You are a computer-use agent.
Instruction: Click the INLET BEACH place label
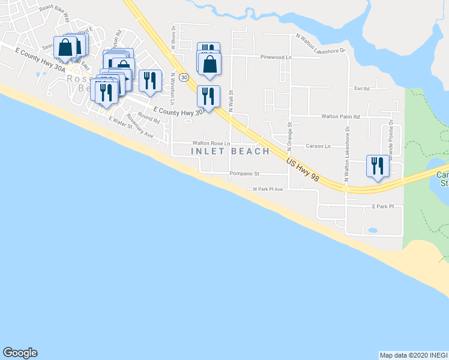pyautogui.click(x=231, y=151)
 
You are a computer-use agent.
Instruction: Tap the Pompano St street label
pyautogui.click(x=244, y=174)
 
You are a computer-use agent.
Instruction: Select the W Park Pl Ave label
pyautogui.click(x=267, y=189)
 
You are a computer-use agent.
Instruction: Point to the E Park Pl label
pyautogui.click(x=382, y=206)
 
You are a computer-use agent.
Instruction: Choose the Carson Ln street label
pyautogui.click(x=318, y=146)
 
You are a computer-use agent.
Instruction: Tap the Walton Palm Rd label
pyautogui.click(x=340, y=117)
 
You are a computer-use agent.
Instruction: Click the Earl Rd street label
pyautogui.click(x=362, y=88)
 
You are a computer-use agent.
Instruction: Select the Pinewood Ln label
pyautogui.click(x=276, y=58)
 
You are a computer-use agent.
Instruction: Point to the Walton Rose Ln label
pyautogui.click(x=211, y=143)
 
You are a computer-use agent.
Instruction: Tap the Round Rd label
pyautogui.click(x=148, y=118)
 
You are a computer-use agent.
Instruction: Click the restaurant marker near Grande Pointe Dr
pyautogui.click(x=378, y=165)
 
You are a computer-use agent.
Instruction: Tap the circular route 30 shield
pyautogui.click(x=184, y=77)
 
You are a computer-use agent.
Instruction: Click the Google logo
pyautogui.click(x=20, y=353)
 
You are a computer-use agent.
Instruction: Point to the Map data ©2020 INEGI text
pyautogui.click(x=413, y=355)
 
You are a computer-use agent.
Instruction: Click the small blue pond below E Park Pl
pyautogui.click(x=372, y=230)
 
